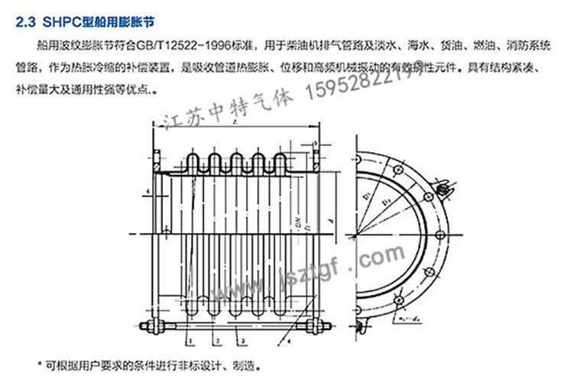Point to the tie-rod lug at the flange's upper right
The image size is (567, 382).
coord(450,186)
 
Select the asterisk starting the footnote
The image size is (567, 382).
coord(40,364)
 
